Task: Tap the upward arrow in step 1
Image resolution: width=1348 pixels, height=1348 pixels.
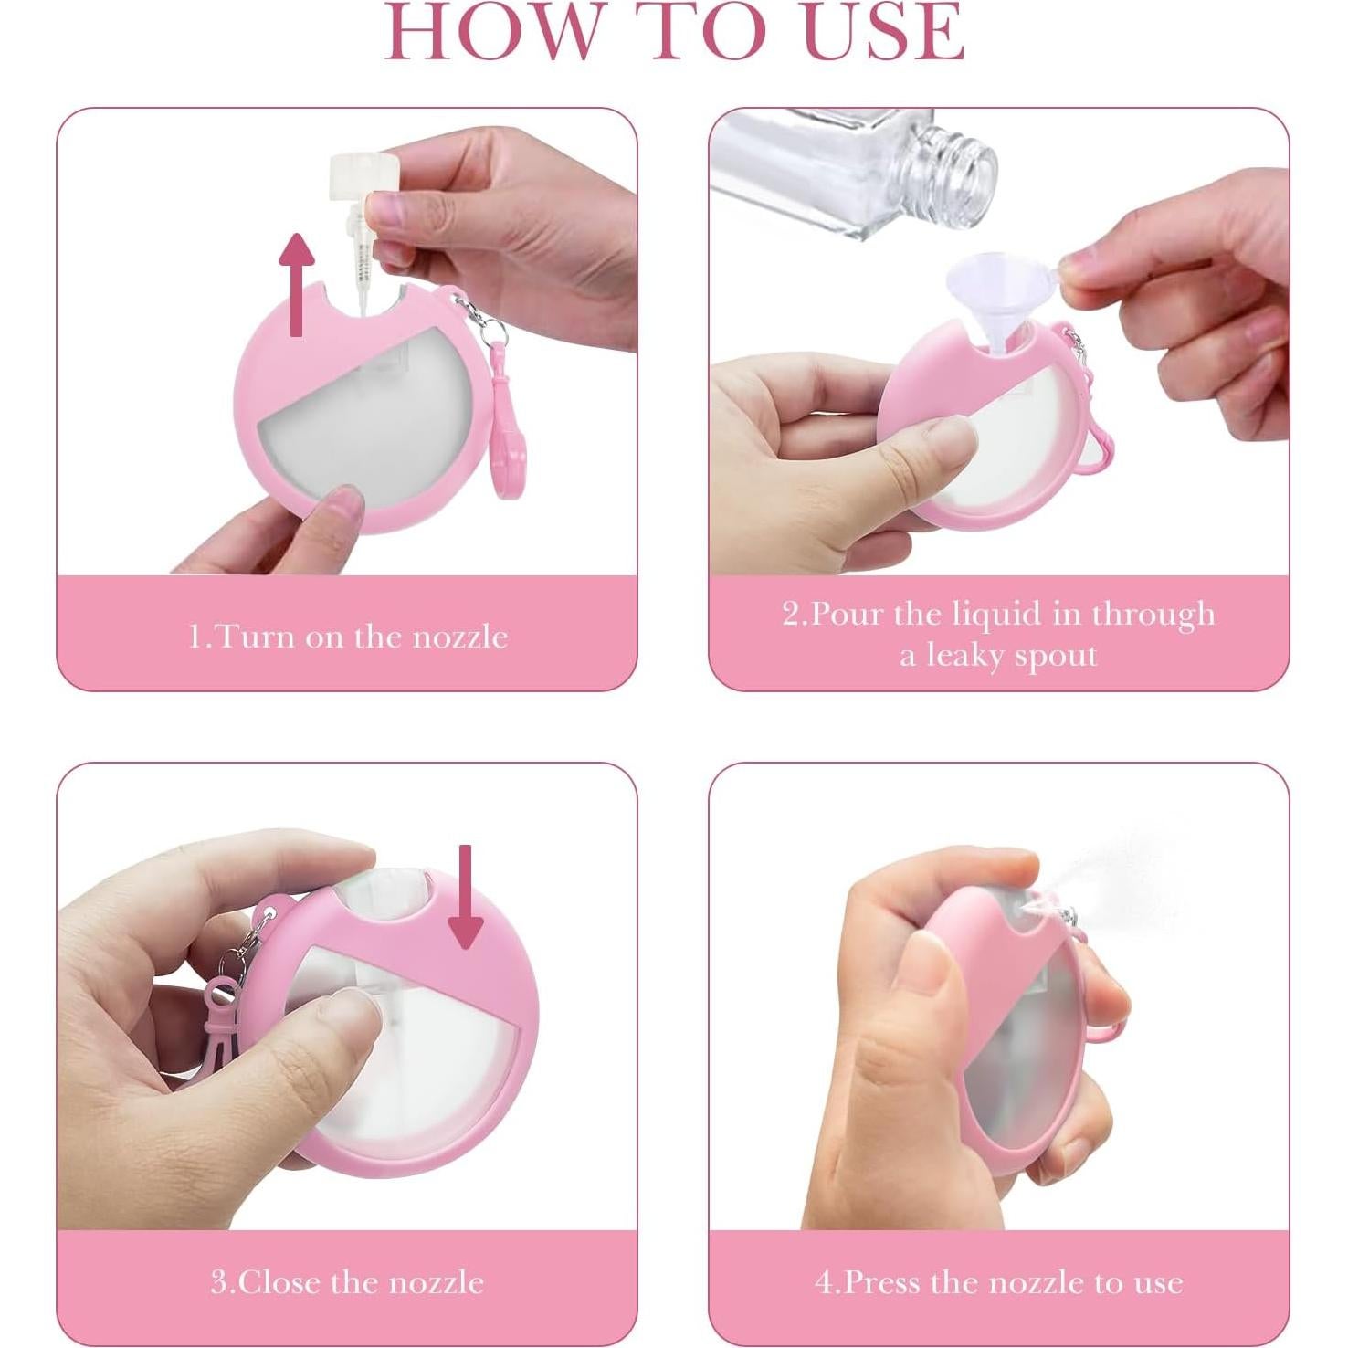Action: pos(297,283)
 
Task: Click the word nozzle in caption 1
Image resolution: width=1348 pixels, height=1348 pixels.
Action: pos(459,636)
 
